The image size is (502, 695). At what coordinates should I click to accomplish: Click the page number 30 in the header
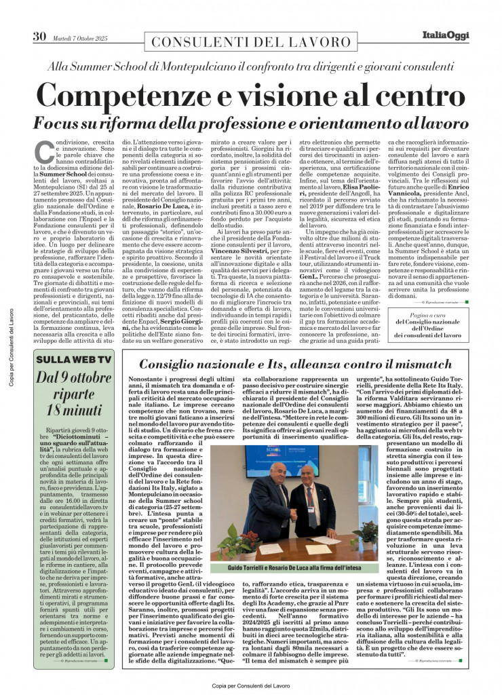coord(39,37)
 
